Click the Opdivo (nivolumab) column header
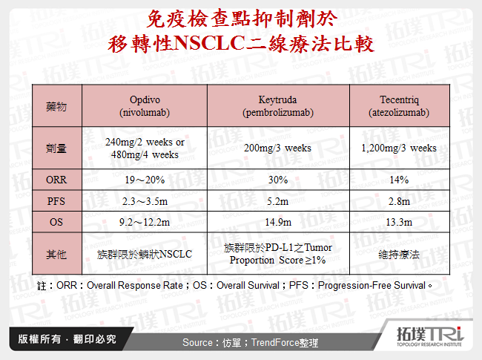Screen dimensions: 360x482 (145, 107)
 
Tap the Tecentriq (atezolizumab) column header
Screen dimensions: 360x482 (398, 107)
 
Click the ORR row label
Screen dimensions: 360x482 (56, 180)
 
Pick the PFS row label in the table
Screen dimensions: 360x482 (56, 201)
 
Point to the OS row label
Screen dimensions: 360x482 (56, 222)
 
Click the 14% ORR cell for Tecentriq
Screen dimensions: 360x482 (398, 180)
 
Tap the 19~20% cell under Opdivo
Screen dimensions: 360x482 (145, 180)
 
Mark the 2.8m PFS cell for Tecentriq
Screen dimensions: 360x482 (398, 201)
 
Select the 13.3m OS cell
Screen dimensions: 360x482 (398, 222)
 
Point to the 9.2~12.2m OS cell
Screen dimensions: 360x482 (145, 222)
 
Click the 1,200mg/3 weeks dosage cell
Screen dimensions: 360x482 (398, 148)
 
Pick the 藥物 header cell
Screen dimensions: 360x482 (56, 107)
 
